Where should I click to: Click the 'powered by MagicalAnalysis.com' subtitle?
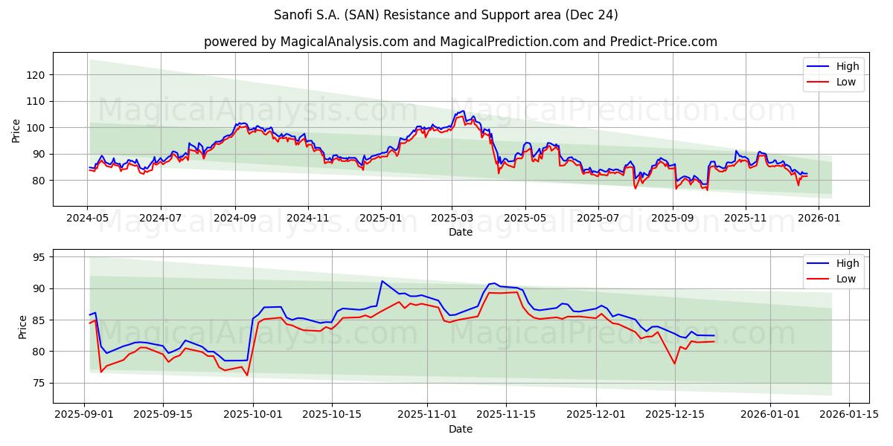461,42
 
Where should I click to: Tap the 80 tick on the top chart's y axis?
39,181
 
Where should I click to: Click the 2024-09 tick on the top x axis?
235,218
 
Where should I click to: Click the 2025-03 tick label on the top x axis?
452,218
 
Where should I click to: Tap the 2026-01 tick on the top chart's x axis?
819,218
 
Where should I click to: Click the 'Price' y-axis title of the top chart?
16,131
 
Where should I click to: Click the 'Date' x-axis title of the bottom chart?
461,429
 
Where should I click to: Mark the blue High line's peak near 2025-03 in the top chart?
463,111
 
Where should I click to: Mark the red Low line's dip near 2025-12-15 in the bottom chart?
674,363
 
